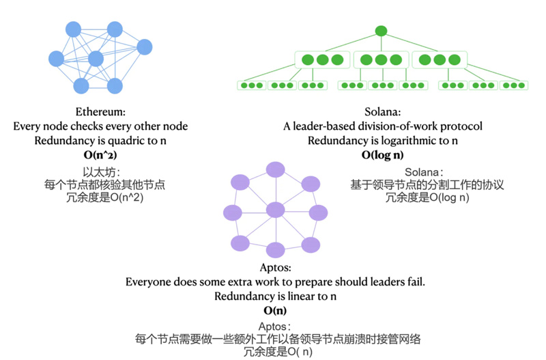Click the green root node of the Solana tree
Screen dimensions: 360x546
(x=381, y=31)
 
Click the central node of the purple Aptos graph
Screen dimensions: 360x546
(x=274, y=210)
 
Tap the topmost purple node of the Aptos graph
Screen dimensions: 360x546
(x=274, y=169)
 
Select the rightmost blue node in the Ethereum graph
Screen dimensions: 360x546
(x=144, y=47)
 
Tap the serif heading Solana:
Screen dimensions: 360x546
(x=382, y=112)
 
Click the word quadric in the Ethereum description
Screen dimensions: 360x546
(x=130, y=141)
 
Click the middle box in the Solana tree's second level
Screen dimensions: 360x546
(x=381, y=60)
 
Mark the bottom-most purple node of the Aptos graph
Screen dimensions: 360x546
(x=274, y=249)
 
